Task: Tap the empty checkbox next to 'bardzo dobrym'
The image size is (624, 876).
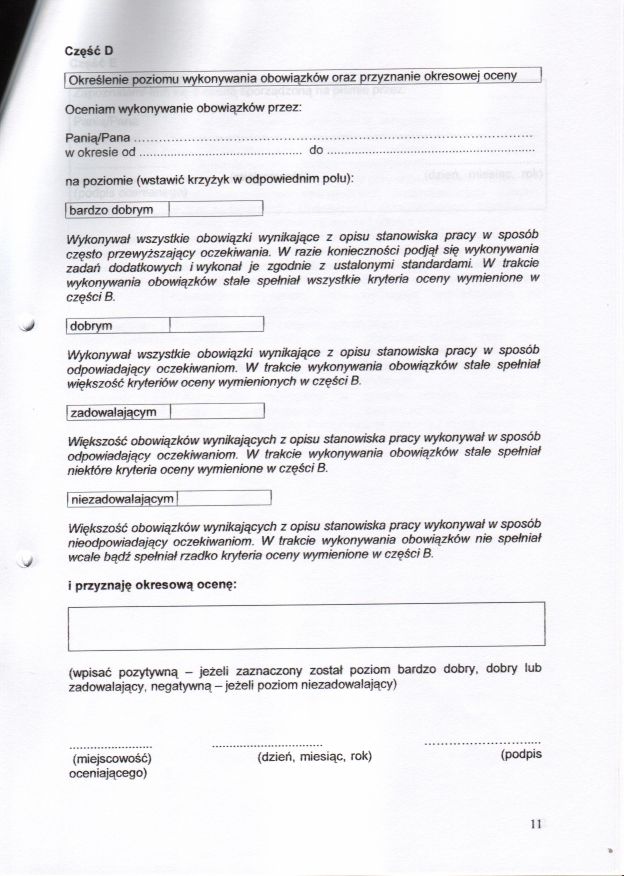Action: (215, 209)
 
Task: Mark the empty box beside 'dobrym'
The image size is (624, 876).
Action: (215, 325)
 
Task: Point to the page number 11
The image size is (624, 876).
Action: (536, 824)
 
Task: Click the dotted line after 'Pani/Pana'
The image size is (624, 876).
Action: (332, 135)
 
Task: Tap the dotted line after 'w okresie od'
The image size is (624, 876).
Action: (218, 152)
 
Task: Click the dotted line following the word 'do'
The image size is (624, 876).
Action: (431, 152)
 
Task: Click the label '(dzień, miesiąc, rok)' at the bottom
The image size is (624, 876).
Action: (307, 757)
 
